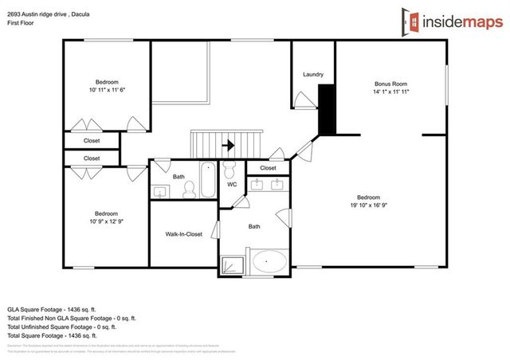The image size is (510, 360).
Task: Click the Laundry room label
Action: coord(313,75)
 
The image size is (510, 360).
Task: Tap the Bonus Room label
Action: coord(392,83)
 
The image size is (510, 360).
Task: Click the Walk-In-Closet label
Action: coord(183,234)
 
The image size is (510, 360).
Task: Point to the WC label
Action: coord(232,185)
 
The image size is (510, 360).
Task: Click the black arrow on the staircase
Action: coord(229,145)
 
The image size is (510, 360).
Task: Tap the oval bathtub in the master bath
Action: coord(270,260)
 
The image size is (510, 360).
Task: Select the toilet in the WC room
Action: coord(229,170)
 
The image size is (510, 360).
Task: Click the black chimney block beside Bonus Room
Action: coord(326,111)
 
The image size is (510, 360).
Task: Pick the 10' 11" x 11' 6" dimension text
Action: coord(107,90)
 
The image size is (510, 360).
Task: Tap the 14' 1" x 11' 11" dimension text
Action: coord(392,91)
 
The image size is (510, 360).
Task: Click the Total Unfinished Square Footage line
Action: coord(62,327)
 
